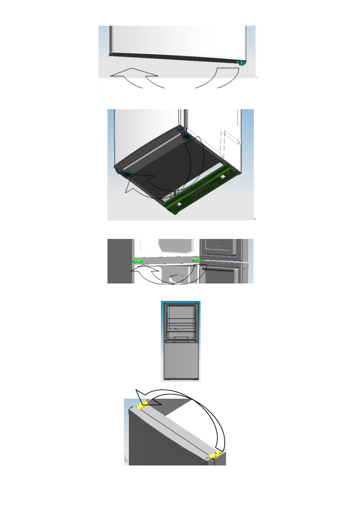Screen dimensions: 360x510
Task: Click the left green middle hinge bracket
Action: [x=137, y=260]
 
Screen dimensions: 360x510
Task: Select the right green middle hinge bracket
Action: [x=196, y=259]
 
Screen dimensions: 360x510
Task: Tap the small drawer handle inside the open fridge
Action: [x=176, y=329]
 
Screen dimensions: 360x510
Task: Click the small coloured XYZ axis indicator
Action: [x=126, y=459]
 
